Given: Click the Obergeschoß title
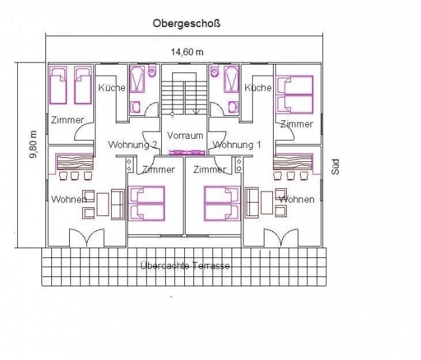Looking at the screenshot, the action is coord(187,24).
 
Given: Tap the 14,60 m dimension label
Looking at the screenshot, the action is coord(187,52).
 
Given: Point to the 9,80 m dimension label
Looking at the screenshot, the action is coord(34,144).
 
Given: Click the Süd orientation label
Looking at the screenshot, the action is coord(335,167).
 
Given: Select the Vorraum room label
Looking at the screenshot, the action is coord(185,136).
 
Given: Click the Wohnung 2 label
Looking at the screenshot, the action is coord(133,145).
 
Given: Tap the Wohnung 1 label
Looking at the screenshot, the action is coord(237,145).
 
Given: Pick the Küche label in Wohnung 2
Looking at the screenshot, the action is coord(112,88).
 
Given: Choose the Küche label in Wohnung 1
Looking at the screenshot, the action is coord(258,88).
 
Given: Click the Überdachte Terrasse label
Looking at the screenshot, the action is coord(185,266).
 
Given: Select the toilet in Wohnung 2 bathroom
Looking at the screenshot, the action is coord(152,70).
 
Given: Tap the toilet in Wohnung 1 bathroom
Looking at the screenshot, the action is coord(215,70).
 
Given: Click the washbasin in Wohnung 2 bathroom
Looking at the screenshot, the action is coord(136,107).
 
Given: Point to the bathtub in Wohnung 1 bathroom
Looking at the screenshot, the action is coord(231,79).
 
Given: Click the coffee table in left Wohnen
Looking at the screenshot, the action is coord(103,204).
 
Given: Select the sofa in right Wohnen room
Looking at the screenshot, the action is coord(252,203).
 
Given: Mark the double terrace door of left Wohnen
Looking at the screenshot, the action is coord(86,238).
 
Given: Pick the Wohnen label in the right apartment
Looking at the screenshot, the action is coord(297,199).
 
